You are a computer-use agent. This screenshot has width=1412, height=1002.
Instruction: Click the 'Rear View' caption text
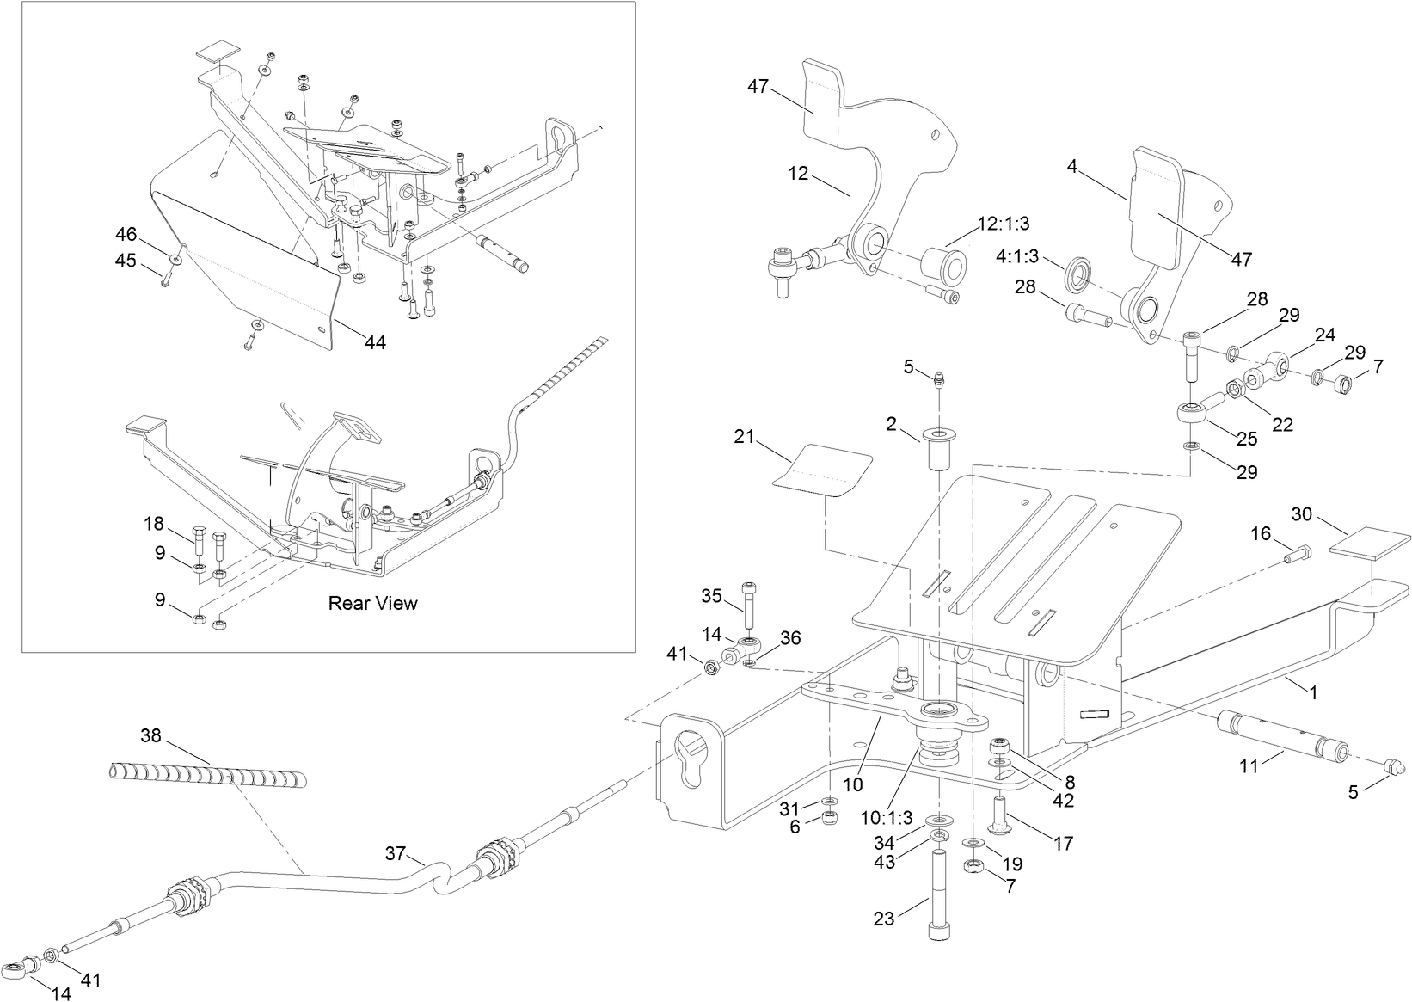pos(372,603)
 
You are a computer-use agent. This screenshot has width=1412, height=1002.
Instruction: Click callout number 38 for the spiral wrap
pos(150,736)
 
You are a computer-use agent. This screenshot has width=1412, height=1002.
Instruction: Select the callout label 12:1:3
pos(1003,224)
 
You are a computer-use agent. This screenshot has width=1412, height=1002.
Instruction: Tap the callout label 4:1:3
pos(1017,256)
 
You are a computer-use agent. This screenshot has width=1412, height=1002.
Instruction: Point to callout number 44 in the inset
pos(375,342)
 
